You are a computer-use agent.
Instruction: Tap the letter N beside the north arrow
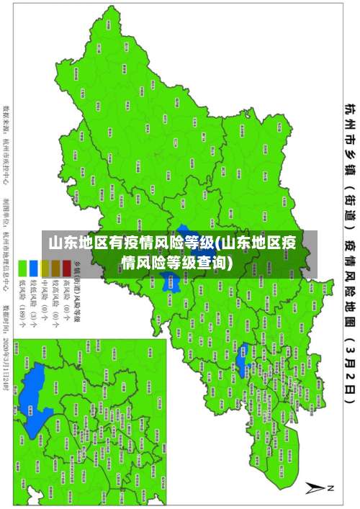(x=331, y=488)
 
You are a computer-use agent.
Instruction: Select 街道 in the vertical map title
(x=348, y=201)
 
